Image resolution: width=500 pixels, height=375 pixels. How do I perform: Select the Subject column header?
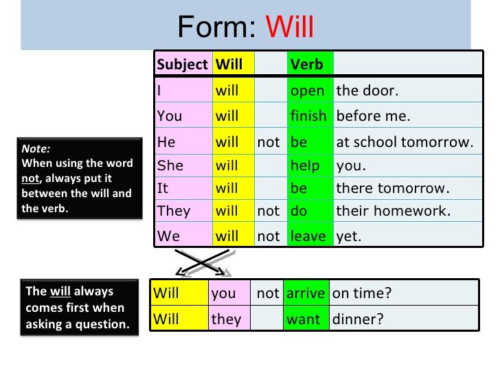pos(182,65)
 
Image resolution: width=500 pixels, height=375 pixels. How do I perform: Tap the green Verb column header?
pos(306,65)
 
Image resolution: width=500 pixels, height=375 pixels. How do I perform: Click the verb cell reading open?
pos(307,91)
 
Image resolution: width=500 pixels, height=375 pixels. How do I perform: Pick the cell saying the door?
pos(367,91)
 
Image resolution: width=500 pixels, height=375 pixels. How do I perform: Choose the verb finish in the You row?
pos(308,116)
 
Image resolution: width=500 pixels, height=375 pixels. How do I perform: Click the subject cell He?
pos(167,142)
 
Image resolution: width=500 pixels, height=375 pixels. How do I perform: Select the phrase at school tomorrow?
pos(405,142)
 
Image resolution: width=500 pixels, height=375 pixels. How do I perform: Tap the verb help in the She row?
pos(305,166)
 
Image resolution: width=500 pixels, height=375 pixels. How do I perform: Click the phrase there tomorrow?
pos(391,188)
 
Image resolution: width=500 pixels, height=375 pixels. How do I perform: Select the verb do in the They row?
pos(299,211)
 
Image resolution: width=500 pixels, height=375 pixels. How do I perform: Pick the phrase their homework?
pos(393,211)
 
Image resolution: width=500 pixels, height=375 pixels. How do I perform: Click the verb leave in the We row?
pos(308,236)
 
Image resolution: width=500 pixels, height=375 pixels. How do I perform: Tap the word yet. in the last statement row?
pos(348,236)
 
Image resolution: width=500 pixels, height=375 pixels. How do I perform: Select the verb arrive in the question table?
pos(306,293)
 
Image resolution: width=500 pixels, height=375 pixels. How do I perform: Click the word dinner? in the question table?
pos(357,319)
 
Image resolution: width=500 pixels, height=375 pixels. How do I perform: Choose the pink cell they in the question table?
pos(226,319)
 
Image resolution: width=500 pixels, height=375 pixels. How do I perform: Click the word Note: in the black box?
pos(36,148)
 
